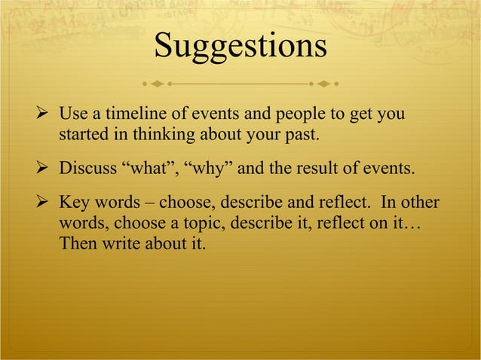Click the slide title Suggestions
pyautogui.click(x=240, y=46)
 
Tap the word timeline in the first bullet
pyautogui.click(x=128, y=115)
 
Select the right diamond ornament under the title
pyautogui.click(x=325, y=81)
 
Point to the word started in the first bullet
pyautogui.click(x=82, y=136)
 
